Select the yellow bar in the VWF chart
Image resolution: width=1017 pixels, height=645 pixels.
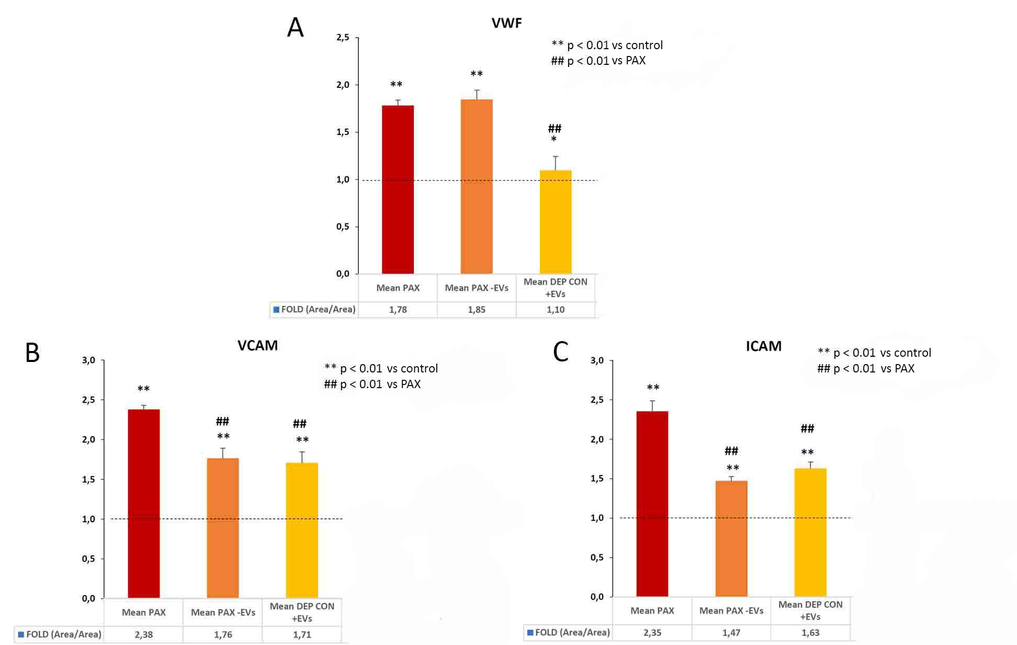click(555, 222)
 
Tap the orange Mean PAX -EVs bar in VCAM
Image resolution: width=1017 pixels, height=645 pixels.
click(223, 528)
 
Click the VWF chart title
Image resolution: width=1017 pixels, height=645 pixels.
click(506, 23)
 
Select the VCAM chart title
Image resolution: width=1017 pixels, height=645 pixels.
click(257, 346)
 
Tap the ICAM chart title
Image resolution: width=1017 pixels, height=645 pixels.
click(763, 346)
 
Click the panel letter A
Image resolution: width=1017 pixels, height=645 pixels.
click(296, 28)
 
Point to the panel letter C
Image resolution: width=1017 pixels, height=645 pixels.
click(560, 352)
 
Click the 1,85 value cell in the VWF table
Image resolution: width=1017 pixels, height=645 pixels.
click(477, 310)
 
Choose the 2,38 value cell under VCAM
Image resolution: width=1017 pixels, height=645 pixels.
click(144, 635)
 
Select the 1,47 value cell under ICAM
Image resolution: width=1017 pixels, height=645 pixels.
click(731, 633)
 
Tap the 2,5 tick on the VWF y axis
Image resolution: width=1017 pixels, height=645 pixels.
click(343, 38)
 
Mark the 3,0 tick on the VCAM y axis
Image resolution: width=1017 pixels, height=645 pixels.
click(88, 360)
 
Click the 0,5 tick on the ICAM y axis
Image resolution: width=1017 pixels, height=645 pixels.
click(597, 558)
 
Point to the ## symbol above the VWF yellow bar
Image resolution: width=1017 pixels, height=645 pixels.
click(555, 128)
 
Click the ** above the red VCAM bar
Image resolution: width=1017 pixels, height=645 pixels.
click(143, 389)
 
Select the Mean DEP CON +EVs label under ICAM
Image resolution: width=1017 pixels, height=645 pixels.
click(810, 610)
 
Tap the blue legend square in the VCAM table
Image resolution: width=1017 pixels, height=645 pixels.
click(21, 635)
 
